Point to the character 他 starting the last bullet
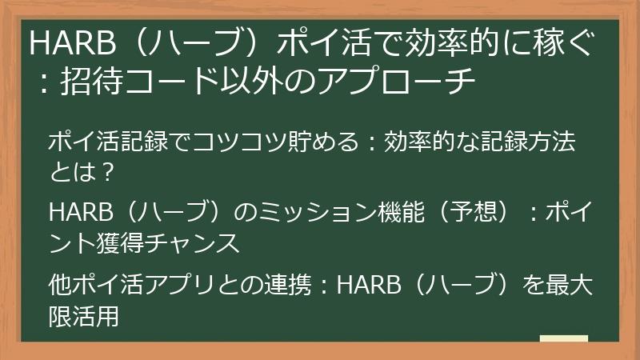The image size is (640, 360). pyautogui.click(x=58, y=284)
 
